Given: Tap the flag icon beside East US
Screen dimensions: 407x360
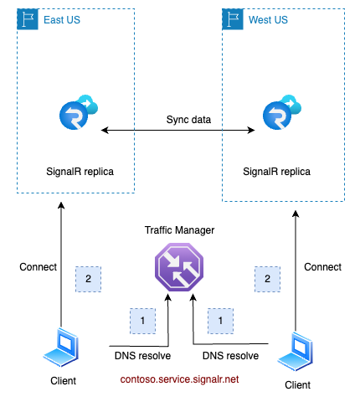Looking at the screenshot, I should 28,18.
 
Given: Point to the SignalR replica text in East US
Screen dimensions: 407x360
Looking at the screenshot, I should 80,172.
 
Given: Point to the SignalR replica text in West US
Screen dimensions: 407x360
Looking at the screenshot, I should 276,172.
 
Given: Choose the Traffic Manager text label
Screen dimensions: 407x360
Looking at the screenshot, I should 177,229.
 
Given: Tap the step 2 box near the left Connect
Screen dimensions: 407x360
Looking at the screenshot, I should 88,279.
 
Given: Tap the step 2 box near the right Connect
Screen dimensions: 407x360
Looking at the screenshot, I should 267,279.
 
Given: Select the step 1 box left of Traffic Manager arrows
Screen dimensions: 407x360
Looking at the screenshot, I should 142,320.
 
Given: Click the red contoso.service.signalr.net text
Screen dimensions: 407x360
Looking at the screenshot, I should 177,379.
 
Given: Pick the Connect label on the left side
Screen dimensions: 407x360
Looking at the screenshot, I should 38,267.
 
